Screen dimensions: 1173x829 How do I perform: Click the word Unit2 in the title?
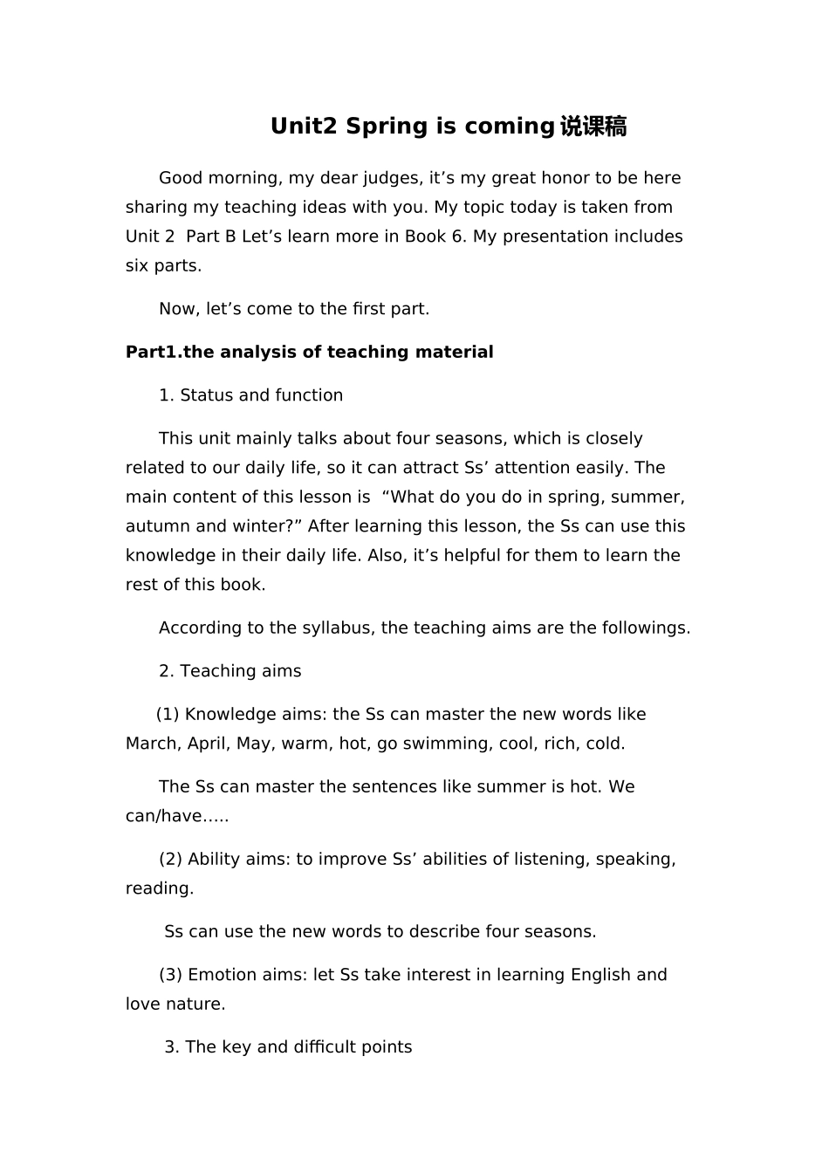[303, 127]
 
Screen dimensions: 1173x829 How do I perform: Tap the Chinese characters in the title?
[593, 127]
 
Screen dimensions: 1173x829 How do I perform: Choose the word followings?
[645, 628]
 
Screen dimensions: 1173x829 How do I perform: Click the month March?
[153, 744]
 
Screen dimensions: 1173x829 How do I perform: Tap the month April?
[208, 744]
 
